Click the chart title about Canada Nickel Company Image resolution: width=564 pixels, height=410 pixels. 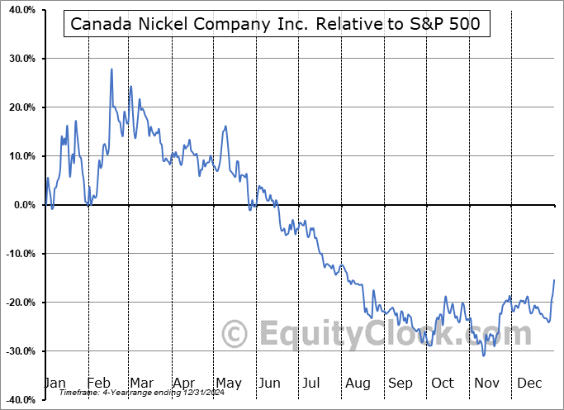point(274,25)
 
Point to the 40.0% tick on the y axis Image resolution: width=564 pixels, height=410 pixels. point(20,11)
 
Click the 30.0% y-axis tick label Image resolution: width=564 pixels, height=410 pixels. point(20,60)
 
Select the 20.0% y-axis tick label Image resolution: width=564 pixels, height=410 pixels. point(20,108)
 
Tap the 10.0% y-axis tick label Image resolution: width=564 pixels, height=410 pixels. point(20,157)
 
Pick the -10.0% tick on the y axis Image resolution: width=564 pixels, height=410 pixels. point(18,254)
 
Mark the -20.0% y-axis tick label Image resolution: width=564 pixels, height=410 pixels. point(18,303)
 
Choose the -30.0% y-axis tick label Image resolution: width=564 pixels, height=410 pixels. point(18,351)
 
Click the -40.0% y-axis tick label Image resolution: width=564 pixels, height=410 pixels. point(18,400)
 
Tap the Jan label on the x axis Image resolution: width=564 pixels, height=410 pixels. point(55,383)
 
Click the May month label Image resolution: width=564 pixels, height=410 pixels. point(228,383)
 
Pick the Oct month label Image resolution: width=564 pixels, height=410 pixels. point(443,383)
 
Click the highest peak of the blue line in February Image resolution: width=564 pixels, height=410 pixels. point(111,69)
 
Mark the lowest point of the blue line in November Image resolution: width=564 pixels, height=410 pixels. point(483,355)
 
